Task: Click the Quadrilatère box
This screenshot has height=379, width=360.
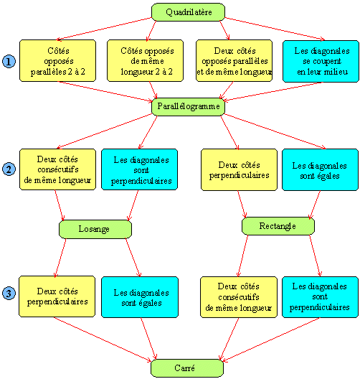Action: [x=188, y=12]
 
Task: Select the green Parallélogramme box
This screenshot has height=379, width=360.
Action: [x=188, y=106]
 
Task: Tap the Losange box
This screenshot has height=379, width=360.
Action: [x=95, y=229]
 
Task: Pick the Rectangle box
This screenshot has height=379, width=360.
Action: [x=278, y=226]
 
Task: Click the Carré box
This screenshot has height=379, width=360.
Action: [x=187, y=368]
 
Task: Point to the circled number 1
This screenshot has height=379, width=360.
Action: [x=9, y=61]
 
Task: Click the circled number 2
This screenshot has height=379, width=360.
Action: [x=9, y=169]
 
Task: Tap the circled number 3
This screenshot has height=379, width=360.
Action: [x=9, y=293]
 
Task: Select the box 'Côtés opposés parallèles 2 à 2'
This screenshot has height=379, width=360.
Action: [x=57, y=61]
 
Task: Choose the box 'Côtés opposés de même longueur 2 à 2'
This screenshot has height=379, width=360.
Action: [x=145, y=61]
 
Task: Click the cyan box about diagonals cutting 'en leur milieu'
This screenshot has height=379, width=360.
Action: [x=321, y=62]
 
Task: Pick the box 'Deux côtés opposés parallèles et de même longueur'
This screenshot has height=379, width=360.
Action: [x=235, y=61]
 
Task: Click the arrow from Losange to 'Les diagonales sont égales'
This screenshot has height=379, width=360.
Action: [x=133, y=258]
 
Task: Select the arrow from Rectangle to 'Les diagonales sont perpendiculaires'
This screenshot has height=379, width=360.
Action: [x=316, y=256]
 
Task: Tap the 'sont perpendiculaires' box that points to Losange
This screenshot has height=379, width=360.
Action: [x=140, y=169]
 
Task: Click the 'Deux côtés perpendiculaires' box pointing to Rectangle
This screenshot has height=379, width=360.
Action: [x=239, y=169]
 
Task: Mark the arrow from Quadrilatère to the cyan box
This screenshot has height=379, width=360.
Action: [x=275, y=29]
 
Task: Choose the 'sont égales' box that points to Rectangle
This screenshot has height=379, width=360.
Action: [x=320, y=169]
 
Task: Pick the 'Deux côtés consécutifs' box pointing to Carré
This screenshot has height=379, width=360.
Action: [x=239, y=297]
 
